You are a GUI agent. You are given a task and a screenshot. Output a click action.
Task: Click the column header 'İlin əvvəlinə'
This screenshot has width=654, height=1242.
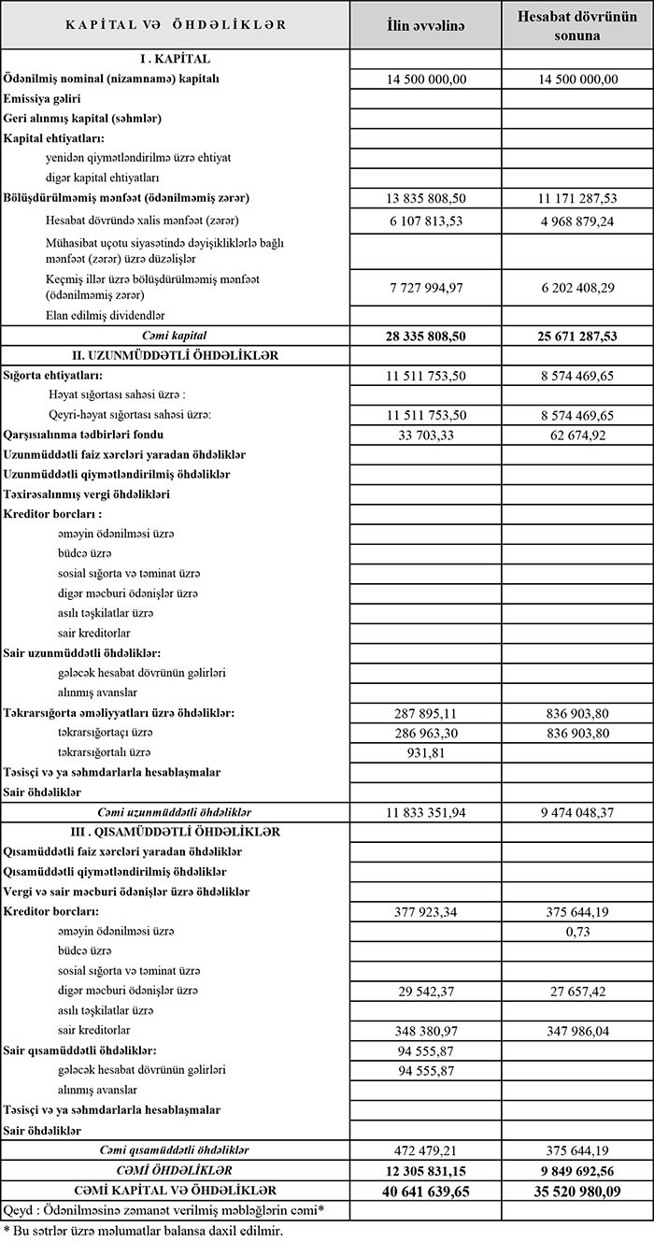425,25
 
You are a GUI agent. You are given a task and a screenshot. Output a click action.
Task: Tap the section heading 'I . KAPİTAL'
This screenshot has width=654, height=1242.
176,59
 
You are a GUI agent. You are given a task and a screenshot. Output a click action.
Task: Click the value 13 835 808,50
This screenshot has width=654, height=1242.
425,199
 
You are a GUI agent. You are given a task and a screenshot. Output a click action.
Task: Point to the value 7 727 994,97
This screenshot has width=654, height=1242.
425,286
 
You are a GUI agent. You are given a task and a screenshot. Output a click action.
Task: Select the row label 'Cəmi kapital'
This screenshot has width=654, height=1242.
176,335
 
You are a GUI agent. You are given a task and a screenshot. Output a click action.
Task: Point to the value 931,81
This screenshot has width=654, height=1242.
425,752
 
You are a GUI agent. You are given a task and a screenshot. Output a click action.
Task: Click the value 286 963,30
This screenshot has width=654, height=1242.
425,732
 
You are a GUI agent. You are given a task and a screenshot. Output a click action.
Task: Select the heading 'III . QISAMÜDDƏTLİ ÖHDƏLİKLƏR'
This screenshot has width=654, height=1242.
176,832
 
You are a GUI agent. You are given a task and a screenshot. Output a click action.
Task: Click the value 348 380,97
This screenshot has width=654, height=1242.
425,1030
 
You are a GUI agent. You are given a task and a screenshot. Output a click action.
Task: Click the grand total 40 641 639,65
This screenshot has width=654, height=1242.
425,1191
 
